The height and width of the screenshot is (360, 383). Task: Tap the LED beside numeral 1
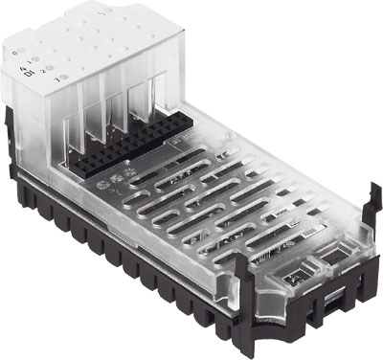click(36, 59)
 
